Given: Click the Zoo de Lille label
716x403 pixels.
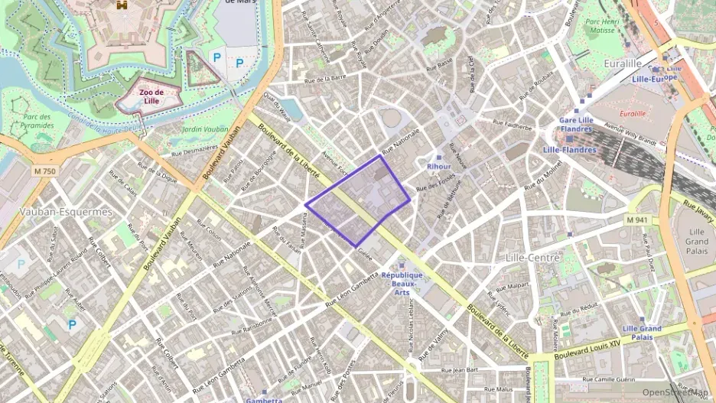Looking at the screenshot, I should (151, 96).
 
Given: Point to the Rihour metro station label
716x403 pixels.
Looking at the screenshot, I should (438, 166).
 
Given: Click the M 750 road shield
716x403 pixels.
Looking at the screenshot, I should (44, 171).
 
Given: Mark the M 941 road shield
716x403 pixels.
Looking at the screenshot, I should (636, 219).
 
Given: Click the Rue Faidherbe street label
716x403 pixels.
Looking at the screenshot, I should (513, 125).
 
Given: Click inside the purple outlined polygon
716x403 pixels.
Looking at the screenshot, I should (360, 203).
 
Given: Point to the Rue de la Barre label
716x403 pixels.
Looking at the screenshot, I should (325, 78).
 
